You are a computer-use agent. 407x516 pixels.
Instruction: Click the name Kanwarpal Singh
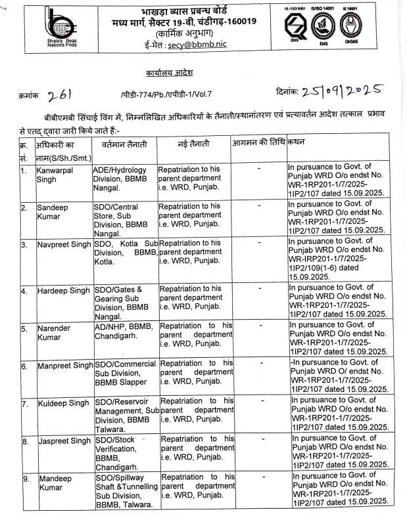pos(55,174)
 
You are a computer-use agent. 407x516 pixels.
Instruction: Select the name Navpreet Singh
pos(64,245)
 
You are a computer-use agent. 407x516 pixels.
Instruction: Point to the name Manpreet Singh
pos(65,366)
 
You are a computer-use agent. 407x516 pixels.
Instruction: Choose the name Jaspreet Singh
pos(64,442)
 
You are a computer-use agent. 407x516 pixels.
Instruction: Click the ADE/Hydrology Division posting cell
pos(123,179)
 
